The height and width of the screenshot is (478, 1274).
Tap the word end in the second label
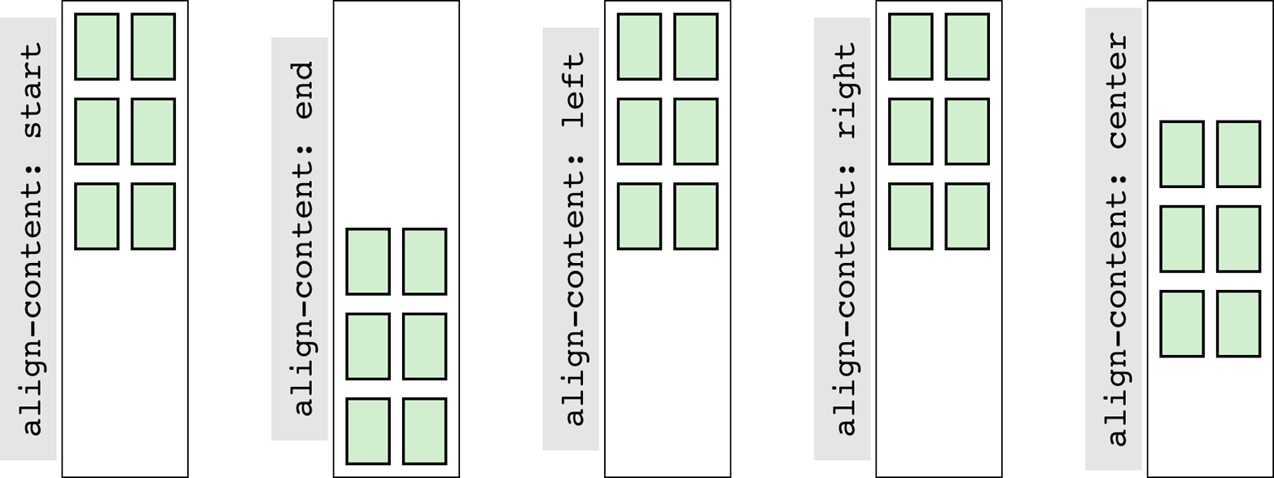304,90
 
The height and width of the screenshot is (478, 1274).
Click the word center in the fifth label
1117,90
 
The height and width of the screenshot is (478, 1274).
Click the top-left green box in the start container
97,46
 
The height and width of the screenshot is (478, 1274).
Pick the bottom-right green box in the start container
153,216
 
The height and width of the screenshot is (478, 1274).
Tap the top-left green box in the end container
368,261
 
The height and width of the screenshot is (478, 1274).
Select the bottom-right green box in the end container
424,431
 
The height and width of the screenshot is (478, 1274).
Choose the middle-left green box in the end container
368,346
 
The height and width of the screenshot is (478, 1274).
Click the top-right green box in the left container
696,46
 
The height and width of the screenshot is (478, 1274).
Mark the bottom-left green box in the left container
639,216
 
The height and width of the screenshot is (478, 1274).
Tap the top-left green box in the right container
910,46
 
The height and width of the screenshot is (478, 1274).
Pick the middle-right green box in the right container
967,131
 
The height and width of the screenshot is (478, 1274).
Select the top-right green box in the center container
1238,154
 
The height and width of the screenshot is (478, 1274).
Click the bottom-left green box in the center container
1181,323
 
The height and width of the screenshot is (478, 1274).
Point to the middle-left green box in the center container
1181,239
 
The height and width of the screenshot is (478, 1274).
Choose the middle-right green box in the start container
153,131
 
